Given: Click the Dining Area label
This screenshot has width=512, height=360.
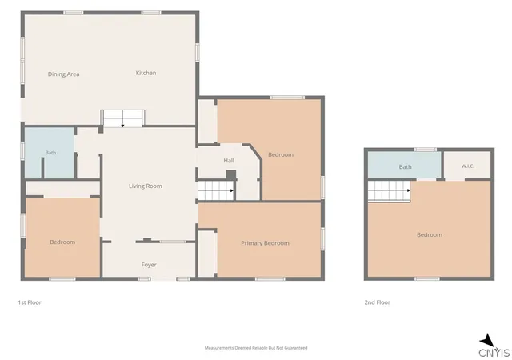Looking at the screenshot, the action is (64, 74).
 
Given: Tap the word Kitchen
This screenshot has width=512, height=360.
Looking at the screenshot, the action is (146, 73).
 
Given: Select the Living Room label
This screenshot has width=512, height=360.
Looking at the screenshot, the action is (146, 186).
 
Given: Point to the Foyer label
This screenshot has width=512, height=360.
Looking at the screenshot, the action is (149, 265).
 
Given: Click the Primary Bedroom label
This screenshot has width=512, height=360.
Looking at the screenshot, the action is (265, 243).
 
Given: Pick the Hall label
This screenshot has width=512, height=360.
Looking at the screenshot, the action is (229, 160).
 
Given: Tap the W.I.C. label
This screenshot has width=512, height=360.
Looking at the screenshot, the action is (467, 166).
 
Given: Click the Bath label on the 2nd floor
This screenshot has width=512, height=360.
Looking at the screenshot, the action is (406, 167).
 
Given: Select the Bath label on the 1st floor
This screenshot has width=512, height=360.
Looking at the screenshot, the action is (50, 153).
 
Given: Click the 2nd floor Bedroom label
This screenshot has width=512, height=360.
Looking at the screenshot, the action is (430, 235).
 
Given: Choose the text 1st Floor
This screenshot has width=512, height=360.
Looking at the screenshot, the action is (30, 302).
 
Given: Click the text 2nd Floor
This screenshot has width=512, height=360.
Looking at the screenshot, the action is (378, 302).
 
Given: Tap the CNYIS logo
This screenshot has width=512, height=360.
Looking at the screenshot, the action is (494, 346).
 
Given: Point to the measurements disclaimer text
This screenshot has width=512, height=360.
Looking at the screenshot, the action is (256, 348).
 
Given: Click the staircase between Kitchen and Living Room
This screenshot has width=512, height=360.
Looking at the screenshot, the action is (122, 118).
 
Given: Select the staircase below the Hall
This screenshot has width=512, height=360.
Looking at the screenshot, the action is (216, 190).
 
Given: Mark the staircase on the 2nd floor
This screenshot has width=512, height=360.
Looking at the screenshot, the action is (390, 191).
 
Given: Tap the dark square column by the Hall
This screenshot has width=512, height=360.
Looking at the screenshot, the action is (231, 175).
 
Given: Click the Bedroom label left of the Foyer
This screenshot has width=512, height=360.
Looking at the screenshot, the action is (62, 242).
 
